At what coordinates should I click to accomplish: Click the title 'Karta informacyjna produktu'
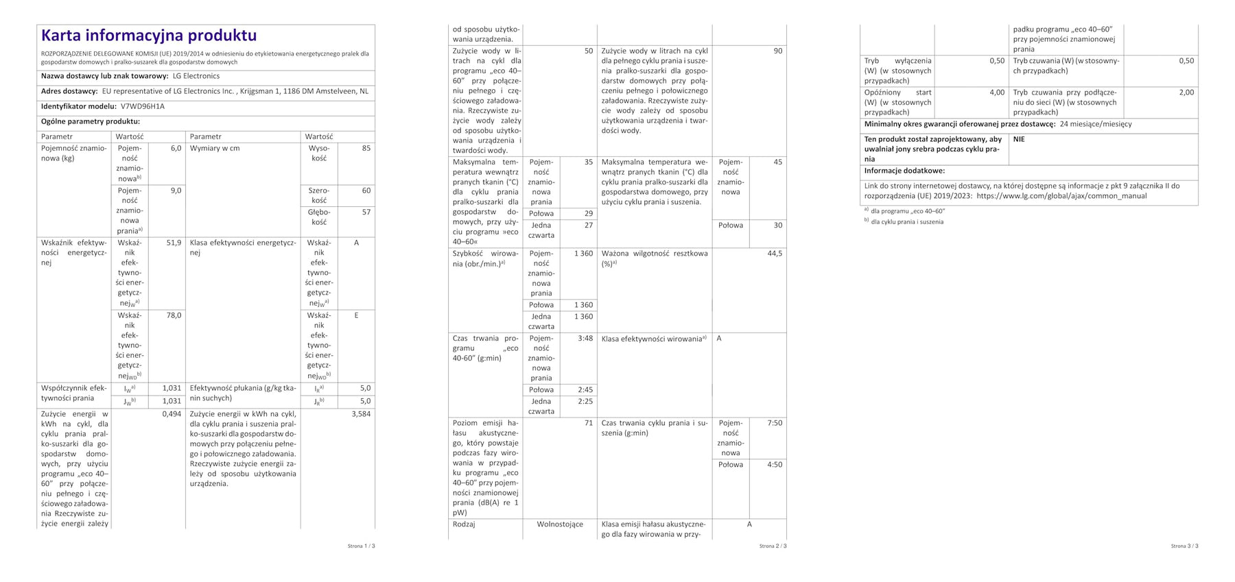click(x=149, y=36)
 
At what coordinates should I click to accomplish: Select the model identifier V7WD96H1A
click(x=143, y=107)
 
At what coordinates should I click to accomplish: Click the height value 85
click(x=366, y=148)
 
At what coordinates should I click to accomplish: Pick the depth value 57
click(x=366, y=213)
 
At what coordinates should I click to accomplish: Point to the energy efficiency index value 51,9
click(x=174, y=243)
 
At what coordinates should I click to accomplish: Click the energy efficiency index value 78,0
click(x=174, y=315)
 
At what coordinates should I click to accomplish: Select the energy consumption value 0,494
click(x=172, y=414)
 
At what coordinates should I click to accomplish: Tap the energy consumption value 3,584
click(x=361, y=414)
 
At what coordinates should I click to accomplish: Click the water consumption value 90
click(x=777, y=51)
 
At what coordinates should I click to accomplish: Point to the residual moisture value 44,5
click(x=775, y=254)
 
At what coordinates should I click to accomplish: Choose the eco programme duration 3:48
click(x=585, y=339)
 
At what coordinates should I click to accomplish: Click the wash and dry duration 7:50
click(x=775, y=423)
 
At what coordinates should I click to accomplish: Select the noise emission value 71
click(x=588, y=423)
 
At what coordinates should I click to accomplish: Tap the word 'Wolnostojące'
click(x=560, y=524)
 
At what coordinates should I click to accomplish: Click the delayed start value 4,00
click(x=997, y=93)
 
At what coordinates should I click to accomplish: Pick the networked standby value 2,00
click(x=1186, y=93)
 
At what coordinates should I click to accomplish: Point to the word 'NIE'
click(x=1019, y=139)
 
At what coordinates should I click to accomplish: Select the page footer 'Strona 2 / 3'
click(x=773, y=546)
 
